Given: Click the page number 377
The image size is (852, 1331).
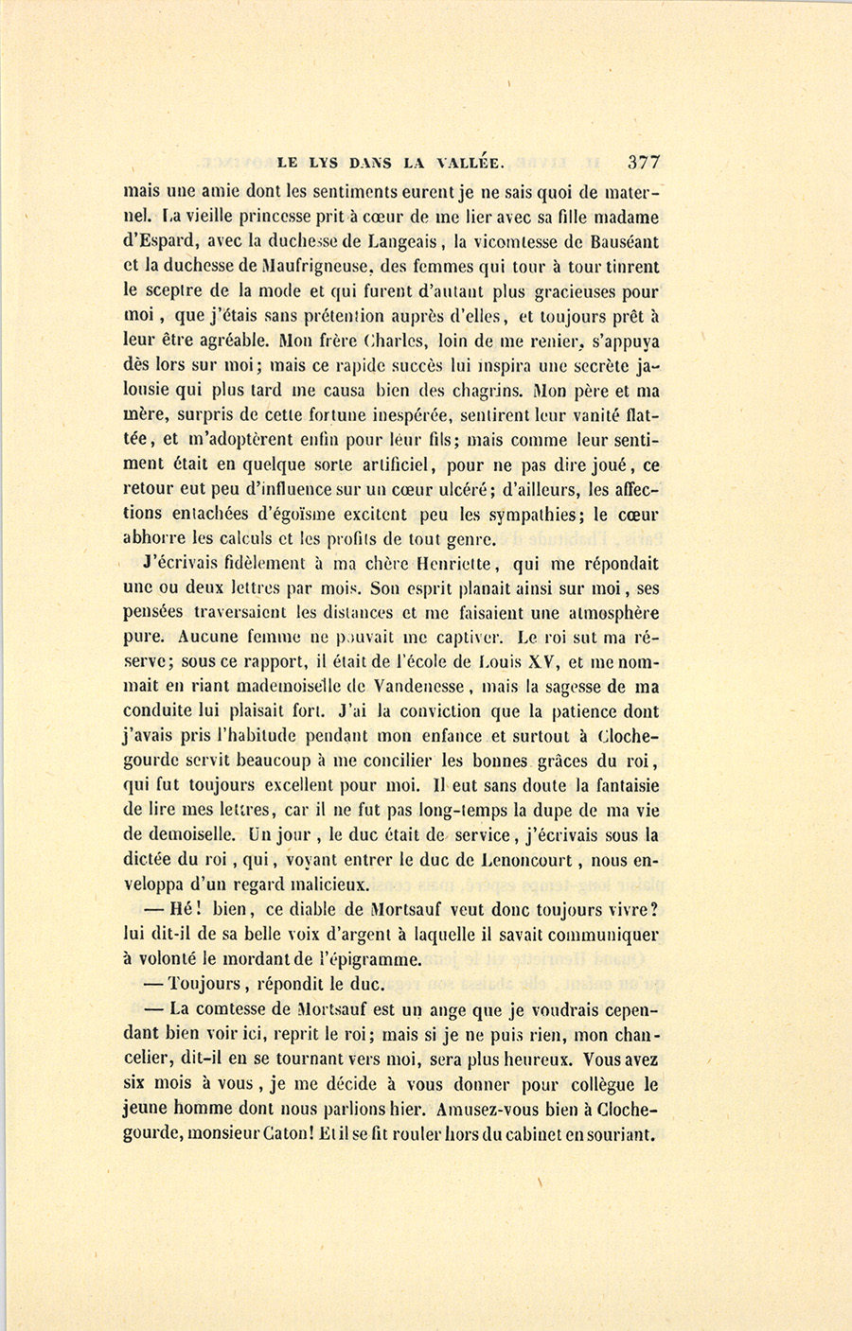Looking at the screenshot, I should (x=642, y=162).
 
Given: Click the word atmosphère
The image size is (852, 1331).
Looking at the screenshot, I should (x=610, y=613).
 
